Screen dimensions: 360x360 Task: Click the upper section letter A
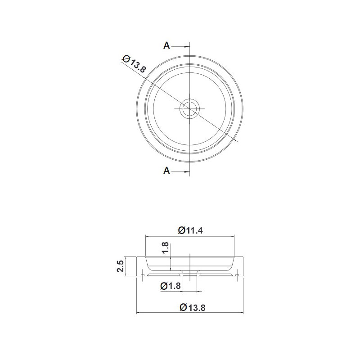(166, 46)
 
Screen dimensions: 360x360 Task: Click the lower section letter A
(166, 171)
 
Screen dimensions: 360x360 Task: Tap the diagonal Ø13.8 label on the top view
(134, 63)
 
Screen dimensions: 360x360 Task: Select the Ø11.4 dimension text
(190, 230)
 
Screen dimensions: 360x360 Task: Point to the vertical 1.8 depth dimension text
(165, 247)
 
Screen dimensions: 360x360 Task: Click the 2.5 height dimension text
(120, 266)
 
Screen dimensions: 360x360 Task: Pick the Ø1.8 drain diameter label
(171, 286)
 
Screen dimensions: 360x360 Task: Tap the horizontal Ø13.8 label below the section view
(193, 307)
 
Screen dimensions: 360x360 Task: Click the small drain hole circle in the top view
(189, 108)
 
